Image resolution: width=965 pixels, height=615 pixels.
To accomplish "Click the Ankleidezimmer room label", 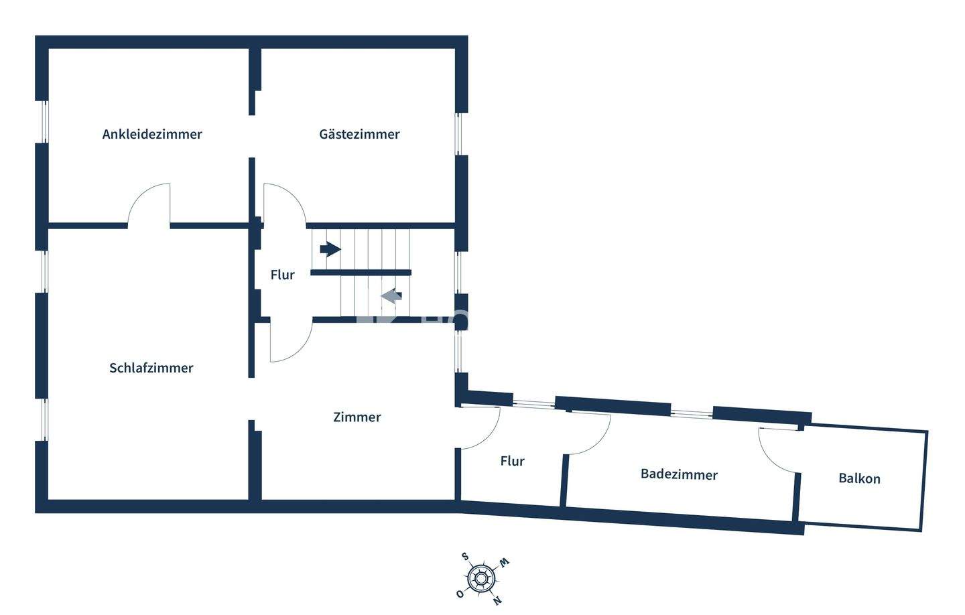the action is click(x=152, y=134).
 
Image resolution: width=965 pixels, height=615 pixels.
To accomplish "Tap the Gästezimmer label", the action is click(x=359, y=134).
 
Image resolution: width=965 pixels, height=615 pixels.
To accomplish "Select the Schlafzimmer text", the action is click(x=151, y=368).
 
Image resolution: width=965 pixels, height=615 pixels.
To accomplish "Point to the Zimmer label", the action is click(x=357, y=417).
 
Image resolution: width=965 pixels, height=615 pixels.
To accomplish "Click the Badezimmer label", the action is click(x=679, y=474).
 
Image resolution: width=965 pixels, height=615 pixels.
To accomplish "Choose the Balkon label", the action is click(x=859, y=478).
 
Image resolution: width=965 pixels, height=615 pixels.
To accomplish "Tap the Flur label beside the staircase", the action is click(x=282, y=275).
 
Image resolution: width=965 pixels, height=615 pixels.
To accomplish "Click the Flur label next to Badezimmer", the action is click(x=512, y=461).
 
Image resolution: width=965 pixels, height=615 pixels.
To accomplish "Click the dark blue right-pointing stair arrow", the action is click(x=330, y=249).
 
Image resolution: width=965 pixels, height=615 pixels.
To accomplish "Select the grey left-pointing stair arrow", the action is click(x=391, y=295).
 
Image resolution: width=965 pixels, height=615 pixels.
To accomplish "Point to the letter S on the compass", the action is click(x=464, y=556).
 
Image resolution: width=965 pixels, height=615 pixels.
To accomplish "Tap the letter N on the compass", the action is click(x=497, y=600).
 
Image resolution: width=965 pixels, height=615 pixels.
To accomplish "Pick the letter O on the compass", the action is click(x=460, y=594).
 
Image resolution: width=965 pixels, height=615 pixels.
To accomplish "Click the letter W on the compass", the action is click(x=504, y=561).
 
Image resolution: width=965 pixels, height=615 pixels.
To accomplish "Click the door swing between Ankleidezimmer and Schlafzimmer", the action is click(x=149, y=204).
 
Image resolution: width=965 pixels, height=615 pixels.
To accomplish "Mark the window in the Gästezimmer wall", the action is click(x=460, y=134).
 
